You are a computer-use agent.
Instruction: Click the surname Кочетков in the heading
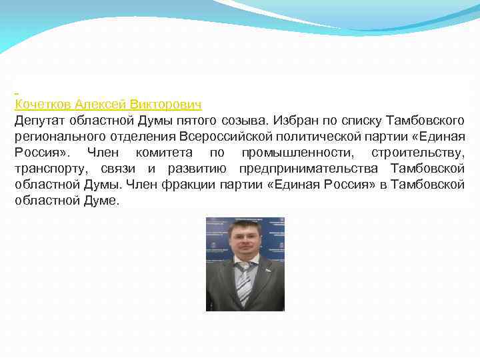click(42, 105)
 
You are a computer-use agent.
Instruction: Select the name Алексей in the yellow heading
click(100, 105)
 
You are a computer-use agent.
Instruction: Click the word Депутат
click(39, 121)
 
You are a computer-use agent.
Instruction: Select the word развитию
click(201, 169)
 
